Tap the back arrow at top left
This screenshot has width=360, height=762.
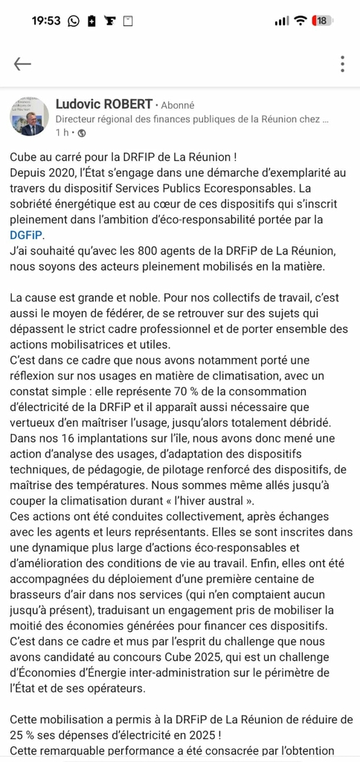point(22,64)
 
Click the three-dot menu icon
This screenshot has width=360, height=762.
point(341,64)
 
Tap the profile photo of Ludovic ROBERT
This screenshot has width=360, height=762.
point(30,115)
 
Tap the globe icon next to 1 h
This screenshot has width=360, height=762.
point(81,133)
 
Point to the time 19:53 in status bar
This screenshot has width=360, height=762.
point(46,21)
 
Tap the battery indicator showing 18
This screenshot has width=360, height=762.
point(322,21)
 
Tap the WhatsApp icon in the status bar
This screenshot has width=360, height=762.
point(73,22)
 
